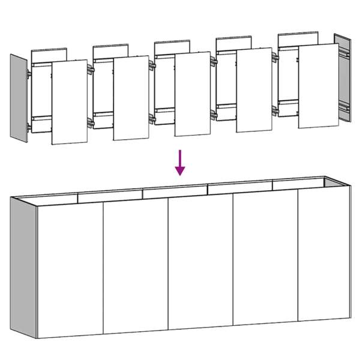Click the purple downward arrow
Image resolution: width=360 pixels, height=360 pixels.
[x=180, y=163]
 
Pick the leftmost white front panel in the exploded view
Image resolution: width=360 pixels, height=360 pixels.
[x=69, y=102]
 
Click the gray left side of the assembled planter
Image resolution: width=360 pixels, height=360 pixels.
[x=23, y=264]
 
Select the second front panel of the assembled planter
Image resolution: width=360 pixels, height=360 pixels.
[x=136, y=267]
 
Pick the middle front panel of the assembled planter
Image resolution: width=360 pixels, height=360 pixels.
[x=200, y=265]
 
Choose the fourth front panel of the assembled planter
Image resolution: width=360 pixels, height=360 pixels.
[x=265, y=262]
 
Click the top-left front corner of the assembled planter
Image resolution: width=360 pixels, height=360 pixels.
[x=37, y=206]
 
